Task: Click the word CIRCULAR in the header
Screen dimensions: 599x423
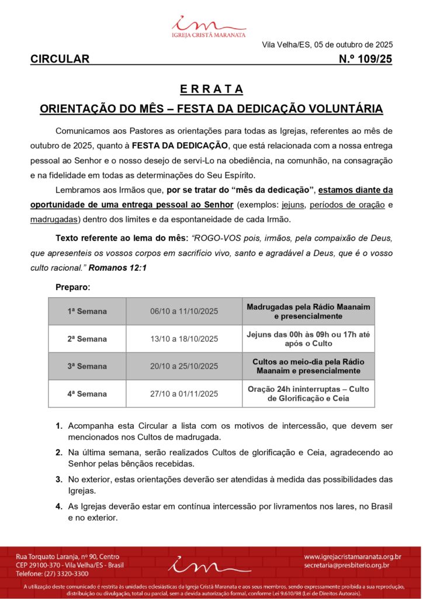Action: point(60,58)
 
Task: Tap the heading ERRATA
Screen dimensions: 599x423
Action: point(211,89)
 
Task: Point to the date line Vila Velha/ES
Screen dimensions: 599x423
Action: point(327,44)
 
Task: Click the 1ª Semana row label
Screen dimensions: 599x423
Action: point(87,311)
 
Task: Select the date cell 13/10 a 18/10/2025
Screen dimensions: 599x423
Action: point(184,339)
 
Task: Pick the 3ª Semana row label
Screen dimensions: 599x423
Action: point(87,366)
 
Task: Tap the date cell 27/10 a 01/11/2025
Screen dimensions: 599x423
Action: point(184,394)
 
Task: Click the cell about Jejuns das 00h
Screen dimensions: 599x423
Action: point(308,339)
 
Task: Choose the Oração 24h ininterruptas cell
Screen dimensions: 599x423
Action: point(308,394)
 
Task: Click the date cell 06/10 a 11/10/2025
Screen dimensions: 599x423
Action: point(184,311)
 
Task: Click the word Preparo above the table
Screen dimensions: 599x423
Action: point(72,287)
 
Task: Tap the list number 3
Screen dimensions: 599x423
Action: point(59,479)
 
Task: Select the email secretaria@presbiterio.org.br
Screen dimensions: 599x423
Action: point(346,565)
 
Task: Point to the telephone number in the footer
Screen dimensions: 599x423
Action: point(52,574)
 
